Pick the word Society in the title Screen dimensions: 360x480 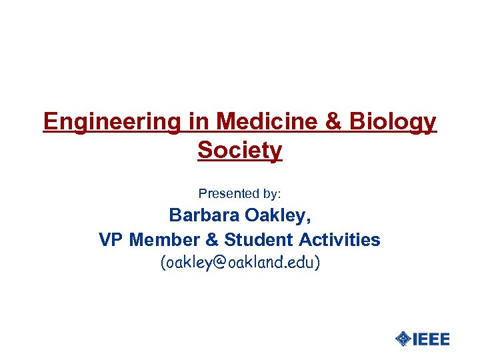(240, 151)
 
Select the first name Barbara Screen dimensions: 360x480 (203, 216)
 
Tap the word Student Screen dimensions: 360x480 (257, 239)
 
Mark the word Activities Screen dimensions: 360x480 (340, 239)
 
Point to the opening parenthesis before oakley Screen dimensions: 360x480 (163, 263)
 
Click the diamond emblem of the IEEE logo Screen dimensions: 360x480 (403, 339)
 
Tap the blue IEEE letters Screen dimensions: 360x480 (431, 339)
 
